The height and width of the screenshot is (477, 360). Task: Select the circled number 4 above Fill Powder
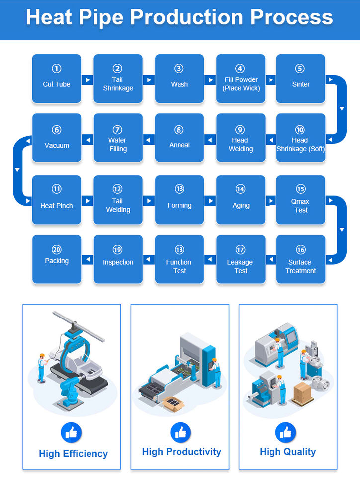click(x=240, y=69)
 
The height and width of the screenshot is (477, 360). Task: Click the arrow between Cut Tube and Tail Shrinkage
click(x=88, y=79)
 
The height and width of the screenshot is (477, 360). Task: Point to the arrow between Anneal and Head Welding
click(x=210, y=140)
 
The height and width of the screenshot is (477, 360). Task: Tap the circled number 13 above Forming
click(x=180, y=189)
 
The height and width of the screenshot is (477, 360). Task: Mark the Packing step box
click(x=57, y=258)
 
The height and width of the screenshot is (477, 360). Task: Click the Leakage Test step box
click(x=241, y=258)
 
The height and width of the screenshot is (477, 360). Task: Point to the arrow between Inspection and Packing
click(x=88, y=259)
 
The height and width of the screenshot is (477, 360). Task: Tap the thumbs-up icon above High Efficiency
click(x=72, y=433)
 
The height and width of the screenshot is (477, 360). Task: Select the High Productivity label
click(x=181, y=452)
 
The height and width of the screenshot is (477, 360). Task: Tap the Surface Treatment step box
click(x=301, y=258)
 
